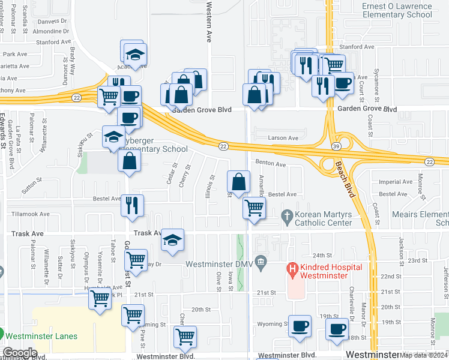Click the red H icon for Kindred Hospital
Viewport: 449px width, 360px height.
coord(293,269)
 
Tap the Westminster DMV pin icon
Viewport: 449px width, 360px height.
coord(261,261)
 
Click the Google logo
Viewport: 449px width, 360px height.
coord(19,353)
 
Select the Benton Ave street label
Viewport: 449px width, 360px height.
coord(270,163)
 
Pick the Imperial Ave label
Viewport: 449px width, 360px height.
coord(396,181)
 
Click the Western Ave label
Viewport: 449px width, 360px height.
coord(209,22)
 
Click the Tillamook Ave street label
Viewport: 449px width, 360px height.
coord(29,214)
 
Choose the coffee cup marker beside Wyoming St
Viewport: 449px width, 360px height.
coord(300,327)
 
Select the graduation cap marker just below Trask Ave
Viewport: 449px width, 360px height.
coord(172,241)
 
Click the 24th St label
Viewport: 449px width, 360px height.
coord(322,255)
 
